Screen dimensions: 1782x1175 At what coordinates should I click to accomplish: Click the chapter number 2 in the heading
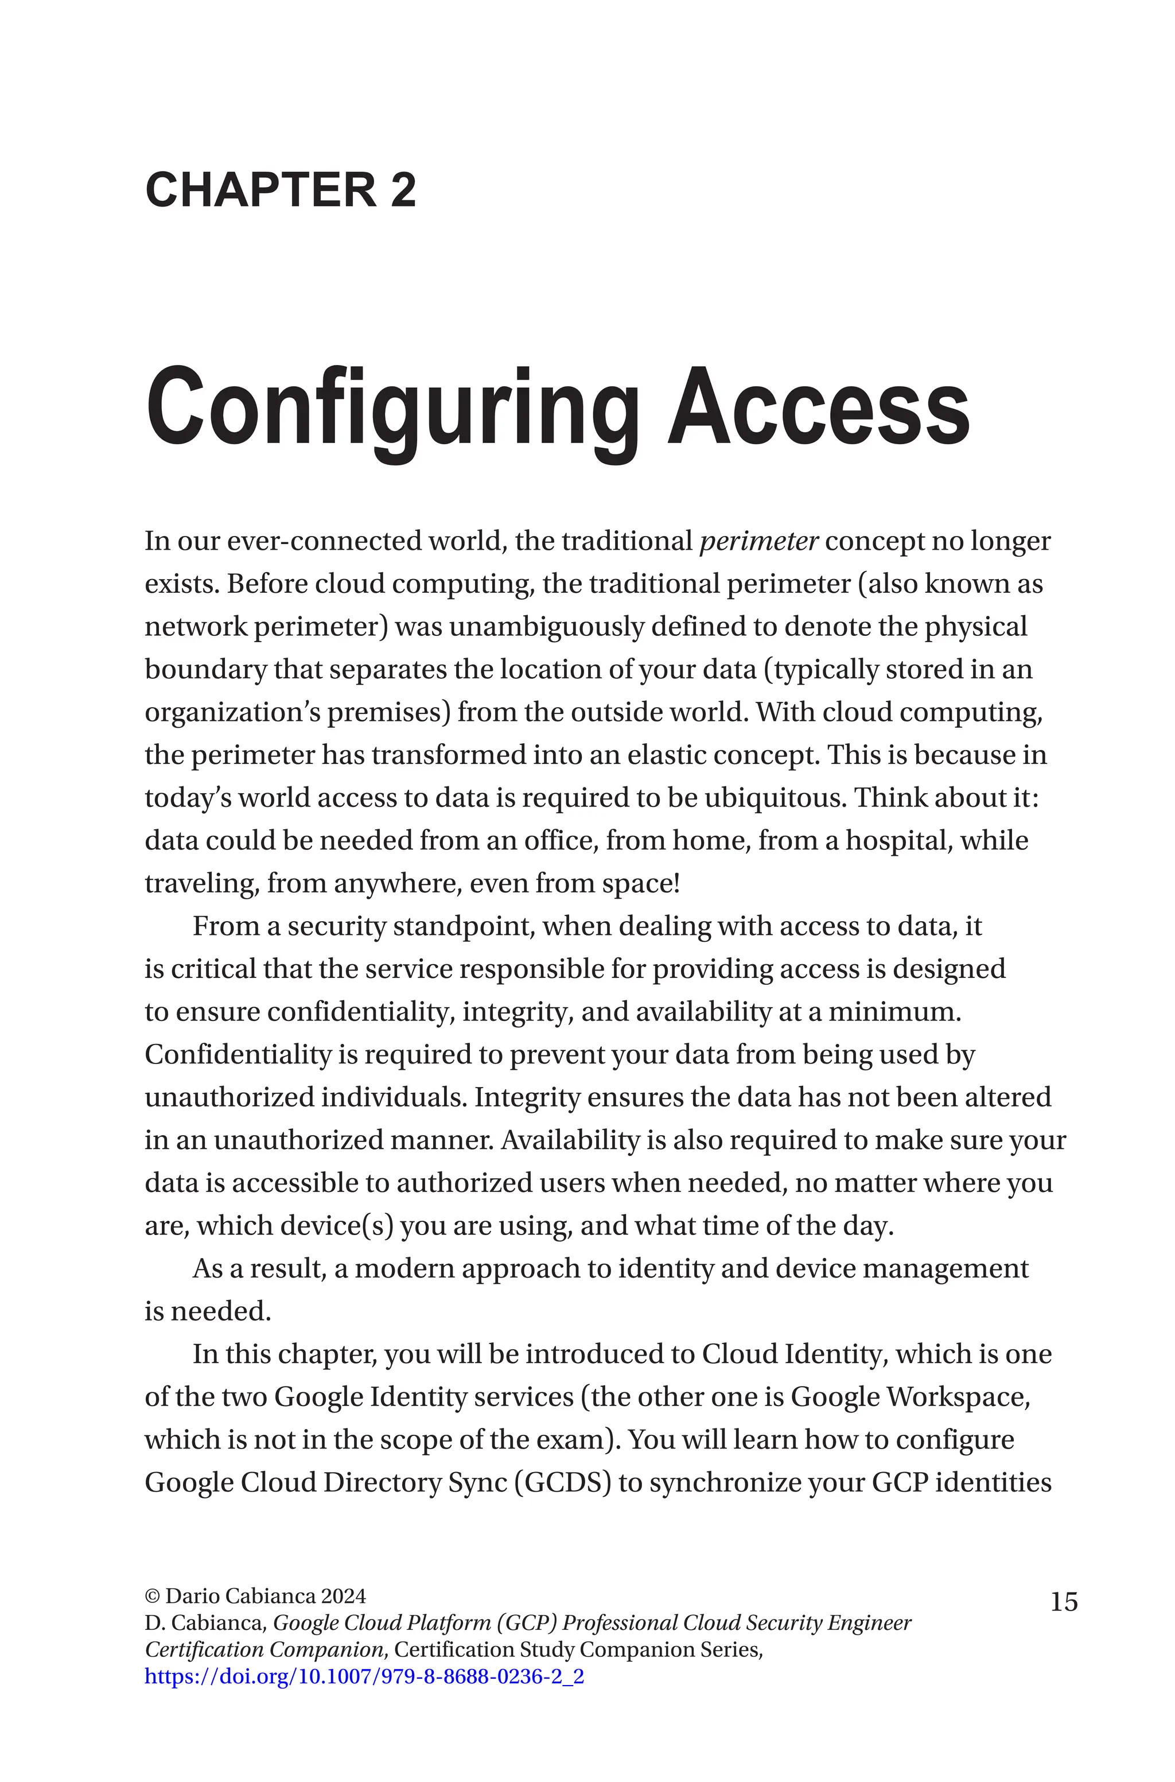point(402,191)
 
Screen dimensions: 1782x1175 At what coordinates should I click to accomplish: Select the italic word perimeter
point(758,541)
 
